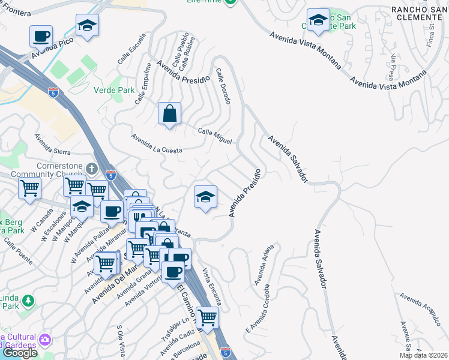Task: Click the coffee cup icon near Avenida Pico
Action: [41, 36]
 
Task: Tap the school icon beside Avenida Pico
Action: [87, 26]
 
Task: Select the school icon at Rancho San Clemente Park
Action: [318, 20]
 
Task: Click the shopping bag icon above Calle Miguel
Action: [170, 113]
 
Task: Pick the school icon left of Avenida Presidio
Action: [205, 197]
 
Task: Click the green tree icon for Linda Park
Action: [26, 299]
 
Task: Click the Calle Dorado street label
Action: [223, 86]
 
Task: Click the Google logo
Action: [19, 353]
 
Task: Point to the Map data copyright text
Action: [424, 355]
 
